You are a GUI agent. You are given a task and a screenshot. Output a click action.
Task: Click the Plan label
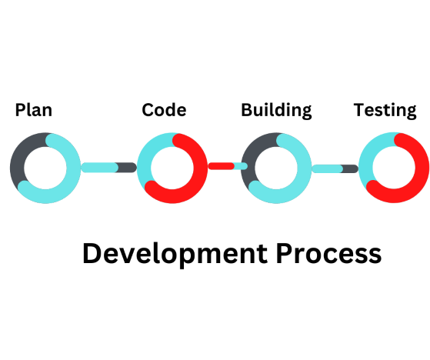33,110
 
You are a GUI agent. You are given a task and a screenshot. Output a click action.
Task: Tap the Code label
164,110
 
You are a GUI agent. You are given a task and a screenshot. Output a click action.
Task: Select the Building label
276,111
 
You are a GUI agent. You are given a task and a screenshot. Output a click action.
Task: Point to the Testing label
385,111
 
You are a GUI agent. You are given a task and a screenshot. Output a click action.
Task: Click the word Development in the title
175,254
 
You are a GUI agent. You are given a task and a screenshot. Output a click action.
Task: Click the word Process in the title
328,253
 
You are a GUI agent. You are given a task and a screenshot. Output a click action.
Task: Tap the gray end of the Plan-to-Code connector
127,167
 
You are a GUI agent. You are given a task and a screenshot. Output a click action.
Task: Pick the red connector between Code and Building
222,166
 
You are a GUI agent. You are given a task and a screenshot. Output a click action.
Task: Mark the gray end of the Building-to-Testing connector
350,168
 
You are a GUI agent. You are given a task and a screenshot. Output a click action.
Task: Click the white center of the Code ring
172,168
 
